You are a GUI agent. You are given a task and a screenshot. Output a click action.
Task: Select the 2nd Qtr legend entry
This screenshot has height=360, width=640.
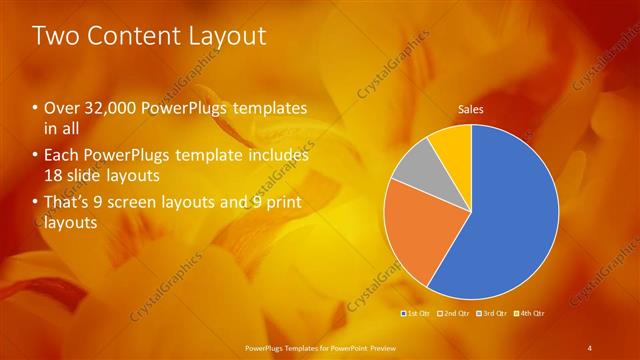click(455, 314)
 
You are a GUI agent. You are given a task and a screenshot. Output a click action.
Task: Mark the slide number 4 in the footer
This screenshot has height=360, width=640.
click(590, 347)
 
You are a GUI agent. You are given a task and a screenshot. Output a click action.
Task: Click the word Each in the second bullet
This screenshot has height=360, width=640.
click(61, 156)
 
